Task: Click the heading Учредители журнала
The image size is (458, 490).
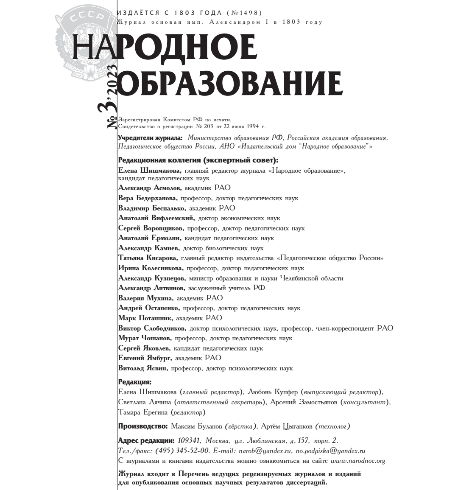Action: tap(150, 138)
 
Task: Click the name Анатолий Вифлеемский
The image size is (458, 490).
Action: tap(156, 218)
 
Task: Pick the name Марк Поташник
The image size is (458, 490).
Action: tap(145, 318)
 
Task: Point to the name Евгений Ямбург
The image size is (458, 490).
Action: tap(145, 358)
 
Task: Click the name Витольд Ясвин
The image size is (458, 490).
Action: tap(143, 368)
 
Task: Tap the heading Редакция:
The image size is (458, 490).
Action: tap(134, 382)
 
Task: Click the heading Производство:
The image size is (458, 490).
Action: tap(143, 426)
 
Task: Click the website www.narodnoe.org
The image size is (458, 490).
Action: tap(358, 461)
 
